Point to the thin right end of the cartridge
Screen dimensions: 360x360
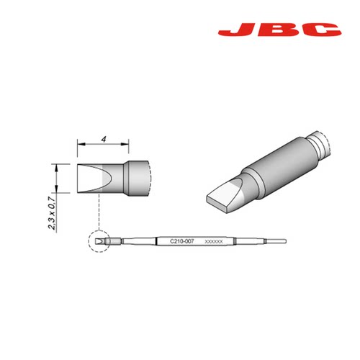tap(278, 240)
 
